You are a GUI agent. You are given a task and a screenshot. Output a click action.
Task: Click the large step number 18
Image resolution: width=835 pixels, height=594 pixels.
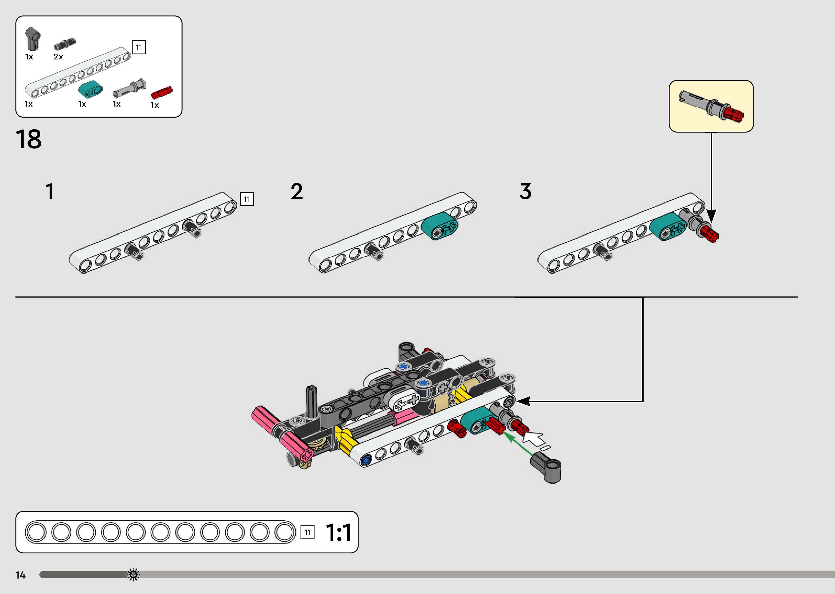tap(29, 139)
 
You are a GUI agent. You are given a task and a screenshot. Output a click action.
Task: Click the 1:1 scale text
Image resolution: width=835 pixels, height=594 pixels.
tap(338, 532)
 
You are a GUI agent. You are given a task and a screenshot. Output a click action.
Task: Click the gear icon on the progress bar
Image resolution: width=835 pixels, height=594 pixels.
tap(133, 575)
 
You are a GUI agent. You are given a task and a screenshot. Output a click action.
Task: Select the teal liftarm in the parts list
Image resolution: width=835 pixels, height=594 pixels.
tap(90, 90)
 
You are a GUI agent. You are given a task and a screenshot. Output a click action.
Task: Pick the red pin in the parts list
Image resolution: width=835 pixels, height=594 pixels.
tap(162, 92)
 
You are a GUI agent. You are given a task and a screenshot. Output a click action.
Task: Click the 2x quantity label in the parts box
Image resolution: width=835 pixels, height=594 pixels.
tap(58, 57)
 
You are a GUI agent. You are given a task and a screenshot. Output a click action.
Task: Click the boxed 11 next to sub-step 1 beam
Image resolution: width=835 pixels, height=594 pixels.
tap(247, 199)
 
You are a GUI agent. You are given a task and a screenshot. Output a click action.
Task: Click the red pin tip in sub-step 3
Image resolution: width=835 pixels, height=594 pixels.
tap(711, 234)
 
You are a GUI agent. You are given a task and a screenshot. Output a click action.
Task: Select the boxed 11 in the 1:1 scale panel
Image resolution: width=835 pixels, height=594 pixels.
tap(307, 532)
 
